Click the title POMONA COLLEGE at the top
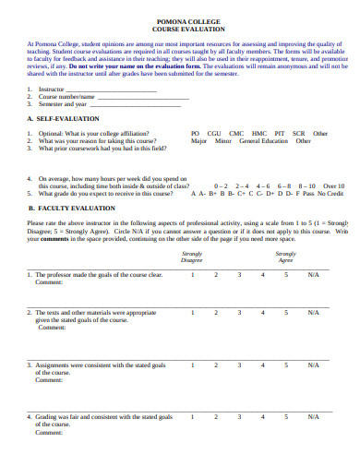click(x=180, y=20)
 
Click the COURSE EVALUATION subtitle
click(x=180, y=29)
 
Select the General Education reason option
click(x=264, y=141)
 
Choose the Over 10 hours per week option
click(x=333, y=186)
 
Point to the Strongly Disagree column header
click(x=192, y=257)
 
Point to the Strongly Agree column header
click(x=286, y=257)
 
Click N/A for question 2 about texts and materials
click(x=314, y=313)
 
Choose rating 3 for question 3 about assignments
click(x=239, y=364)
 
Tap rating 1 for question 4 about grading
click(x=192, y=417)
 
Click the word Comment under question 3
click(x=49, y=380)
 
